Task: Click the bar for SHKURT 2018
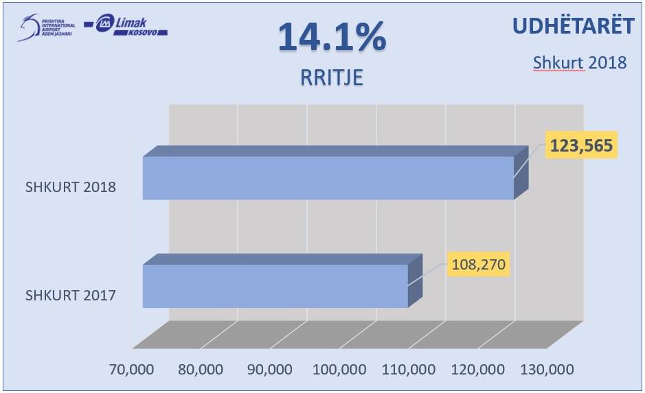328,178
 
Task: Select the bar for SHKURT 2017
275,285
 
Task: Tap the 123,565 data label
581,145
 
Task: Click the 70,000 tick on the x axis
132,370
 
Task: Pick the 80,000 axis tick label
200,370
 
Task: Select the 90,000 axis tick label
269,370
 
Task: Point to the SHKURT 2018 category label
70,187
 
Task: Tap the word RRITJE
331,78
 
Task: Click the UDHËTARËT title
572,26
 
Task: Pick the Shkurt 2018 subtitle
580,62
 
